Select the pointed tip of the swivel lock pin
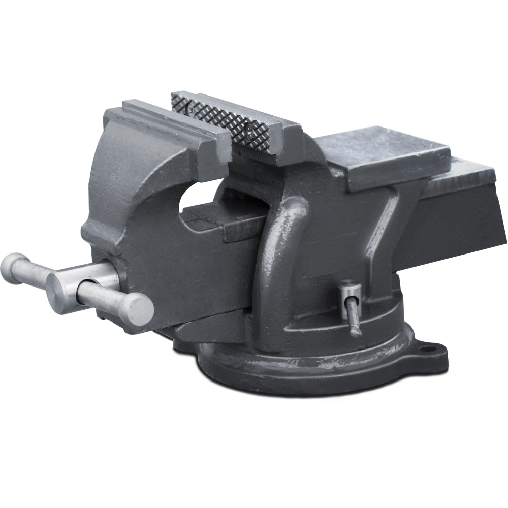(x=355, y=331)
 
